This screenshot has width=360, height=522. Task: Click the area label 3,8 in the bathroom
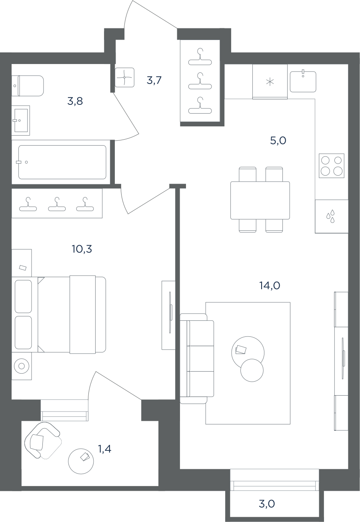(x=75, y=101)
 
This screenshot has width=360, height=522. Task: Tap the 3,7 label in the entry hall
(x=154, y=80)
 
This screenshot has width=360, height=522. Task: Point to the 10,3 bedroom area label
(x=82, y=249)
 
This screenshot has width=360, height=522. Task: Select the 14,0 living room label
(x=270, y=286)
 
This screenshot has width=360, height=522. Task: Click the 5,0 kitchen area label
(x=278, y=140)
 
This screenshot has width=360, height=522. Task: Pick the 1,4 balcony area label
(x=105, y=448)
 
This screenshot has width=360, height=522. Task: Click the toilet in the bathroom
(x=28, y=86)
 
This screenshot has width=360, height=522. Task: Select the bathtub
(x=62, y=162)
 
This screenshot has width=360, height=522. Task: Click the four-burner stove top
(x=331, y=166)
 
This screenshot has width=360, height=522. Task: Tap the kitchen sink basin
(x=303, y=82)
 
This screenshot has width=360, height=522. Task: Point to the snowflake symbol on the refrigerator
(x=270, y=82)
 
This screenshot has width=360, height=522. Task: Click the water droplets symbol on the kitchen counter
(x=331, y=216)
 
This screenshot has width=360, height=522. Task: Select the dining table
(x=260, y=200)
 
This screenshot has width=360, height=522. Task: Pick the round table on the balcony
(x=81, y=461)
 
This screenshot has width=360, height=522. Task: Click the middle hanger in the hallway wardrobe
(x=200, y=81)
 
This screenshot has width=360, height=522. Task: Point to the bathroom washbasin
(x=21, y=120)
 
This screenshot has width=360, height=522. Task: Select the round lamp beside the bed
(x=22, y=366)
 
